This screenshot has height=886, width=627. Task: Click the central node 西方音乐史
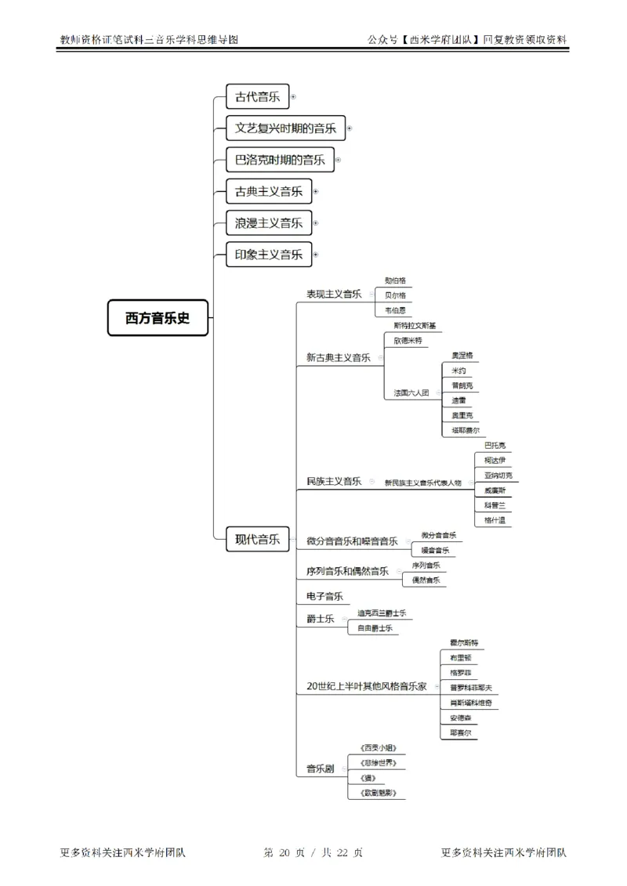pos(158,318)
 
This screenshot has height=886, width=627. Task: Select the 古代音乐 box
pos(257,97)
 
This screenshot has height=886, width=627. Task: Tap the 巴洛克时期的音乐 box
pos(280,160)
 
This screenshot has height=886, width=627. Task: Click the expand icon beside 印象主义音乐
pos(316,255)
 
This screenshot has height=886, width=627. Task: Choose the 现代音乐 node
pos(257,538)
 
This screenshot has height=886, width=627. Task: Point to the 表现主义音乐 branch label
pos(333,294)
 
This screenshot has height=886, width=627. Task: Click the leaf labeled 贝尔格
pos(395,295)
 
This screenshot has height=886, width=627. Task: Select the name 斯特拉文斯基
pos(415,325)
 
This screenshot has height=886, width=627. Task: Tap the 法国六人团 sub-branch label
pos(411,392)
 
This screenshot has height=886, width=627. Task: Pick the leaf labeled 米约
pos(458,370)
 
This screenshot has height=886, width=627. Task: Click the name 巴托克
pos(495,445)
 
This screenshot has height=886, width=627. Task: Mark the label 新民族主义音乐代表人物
pos(422,483)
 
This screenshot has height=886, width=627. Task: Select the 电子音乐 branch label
pos(324,596)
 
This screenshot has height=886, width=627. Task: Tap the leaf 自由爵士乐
pos(375,627)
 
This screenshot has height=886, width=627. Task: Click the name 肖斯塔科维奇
pos(470,702)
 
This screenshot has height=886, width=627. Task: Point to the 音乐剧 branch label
pos(320,768)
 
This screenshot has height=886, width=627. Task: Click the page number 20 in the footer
pos(285,853)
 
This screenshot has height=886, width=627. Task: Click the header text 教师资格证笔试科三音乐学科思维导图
pos(148,38)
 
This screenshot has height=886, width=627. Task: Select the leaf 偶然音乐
pos(426,580)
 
